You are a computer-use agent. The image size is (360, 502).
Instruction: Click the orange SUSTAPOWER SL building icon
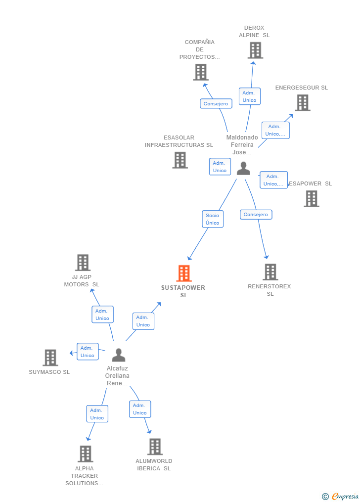[183, 273]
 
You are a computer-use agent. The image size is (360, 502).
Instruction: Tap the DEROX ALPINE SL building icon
[255, 50]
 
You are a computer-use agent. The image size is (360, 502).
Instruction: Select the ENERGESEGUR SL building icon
[302, 102]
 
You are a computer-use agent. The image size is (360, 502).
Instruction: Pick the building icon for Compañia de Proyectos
[200, 72]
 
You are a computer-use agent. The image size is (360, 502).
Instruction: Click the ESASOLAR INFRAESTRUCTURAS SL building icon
[180, 160]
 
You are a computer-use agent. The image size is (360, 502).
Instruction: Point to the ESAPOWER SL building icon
[311, 198]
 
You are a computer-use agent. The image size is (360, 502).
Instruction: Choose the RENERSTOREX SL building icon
[270, 272]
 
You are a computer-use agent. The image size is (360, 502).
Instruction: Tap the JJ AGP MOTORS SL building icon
[83, 263]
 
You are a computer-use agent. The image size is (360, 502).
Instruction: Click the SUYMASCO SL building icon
[50, 357]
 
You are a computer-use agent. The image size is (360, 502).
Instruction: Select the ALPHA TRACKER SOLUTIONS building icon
[85, 454]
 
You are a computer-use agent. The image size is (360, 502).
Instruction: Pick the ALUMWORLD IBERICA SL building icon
[155, 447]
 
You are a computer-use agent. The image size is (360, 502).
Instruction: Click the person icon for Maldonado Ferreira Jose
[243, 169]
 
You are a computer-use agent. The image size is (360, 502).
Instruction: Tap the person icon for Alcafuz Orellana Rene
[118, 355]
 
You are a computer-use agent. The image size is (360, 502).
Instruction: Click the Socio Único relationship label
[213, 219]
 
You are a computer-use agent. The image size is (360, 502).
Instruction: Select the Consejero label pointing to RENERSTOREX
[256, 215]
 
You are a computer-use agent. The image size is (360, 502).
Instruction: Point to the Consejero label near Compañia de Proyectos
[216, 104]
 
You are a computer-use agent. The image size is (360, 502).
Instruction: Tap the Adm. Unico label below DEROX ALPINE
[249, 96]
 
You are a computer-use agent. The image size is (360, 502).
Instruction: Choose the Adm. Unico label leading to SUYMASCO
[88, 352]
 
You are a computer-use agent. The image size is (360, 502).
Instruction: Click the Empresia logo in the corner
[341, 496]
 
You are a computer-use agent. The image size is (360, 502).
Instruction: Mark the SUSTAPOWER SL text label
[183, 291]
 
